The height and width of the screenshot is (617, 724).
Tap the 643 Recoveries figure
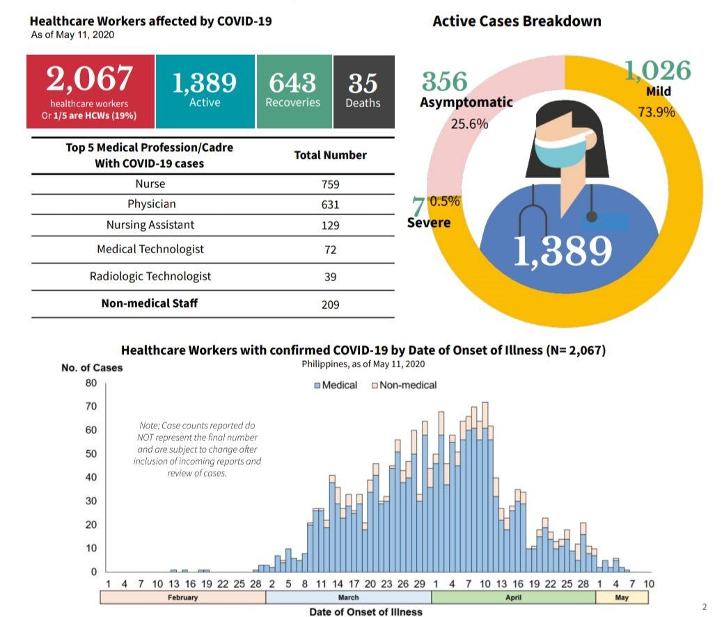292,83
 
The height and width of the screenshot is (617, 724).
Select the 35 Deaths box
363,91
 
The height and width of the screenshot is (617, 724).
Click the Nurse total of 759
331,184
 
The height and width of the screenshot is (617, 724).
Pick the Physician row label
151,204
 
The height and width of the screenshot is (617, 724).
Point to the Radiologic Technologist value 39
331,277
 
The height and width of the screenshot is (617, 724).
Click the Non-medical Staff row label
150,303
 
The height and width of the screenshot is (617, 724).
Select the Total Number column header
331,155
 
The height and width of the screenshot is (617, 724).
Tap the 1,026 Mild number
657,71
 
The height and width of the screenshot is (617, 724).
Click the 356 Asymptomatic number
445,82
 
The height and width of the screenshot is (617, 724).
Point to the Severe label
429,223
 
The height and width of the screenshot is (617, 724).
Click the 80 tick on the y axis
91,383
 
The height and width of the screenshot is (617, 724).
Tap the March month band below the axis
348,598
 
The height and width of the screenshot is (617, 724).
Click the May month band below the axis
622,598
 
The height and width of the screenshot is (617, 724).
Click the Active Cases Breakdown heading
517,21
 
